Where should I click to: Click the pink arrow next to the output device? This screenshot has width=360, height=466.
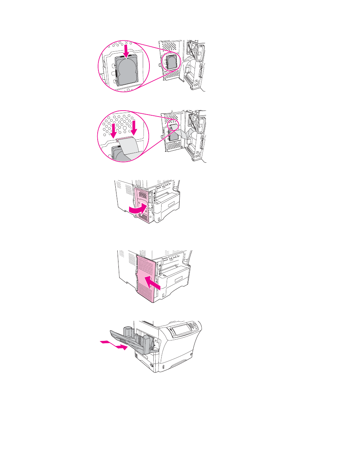click(x=115, y=345)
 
